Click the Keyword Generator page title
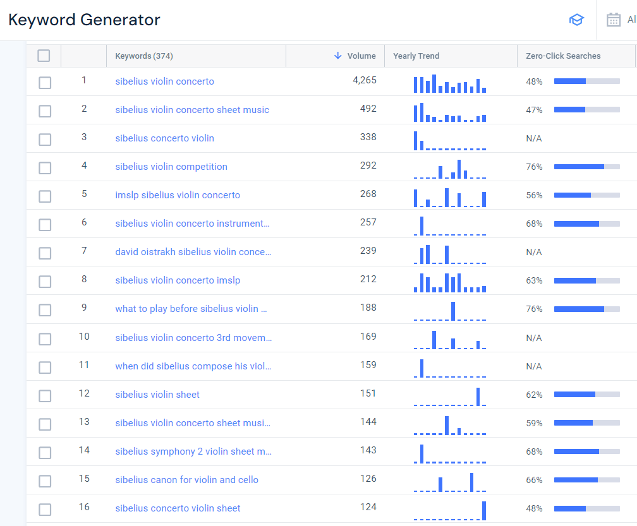[x=84, y=20]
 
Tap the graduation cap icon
[x=576, y=20]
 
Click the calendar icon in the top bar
[x=613, y=20]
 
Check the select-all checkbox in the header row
[x=44, y=56]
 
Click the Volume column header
[x=361, y=56]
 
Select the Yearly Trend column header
[x=416, y=56]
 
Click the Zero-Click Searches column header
[x=563, y=56]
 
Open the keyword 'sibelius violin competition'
[x=171, y=167]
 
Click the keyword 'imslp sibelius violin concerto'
[x=178, y=195]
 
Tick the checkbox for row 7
[x=45, y=253]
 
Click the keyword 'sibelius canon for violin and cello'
[x=186, y=480]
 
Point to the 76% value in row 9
[x=534, y=309]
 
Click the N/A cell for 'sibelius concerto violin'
[x=534, y=138]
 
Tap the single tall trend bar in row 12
[x=478, y=397]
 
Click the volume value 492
[x=368, y=109]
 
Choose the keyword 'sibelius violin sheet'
[x=157, y=395]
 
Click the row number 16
[x=84, y=507]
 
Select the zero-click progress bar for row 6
[x=586, y=224]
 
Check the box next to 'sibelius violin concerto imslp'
[x=45, y=282]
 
